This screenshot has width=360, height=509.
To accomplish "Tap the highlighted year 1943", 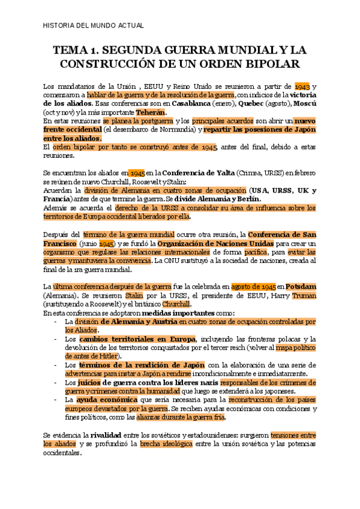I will [302, 86].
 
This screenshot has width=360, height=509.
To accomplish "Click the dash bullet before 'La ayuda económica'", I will [55, 399].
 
